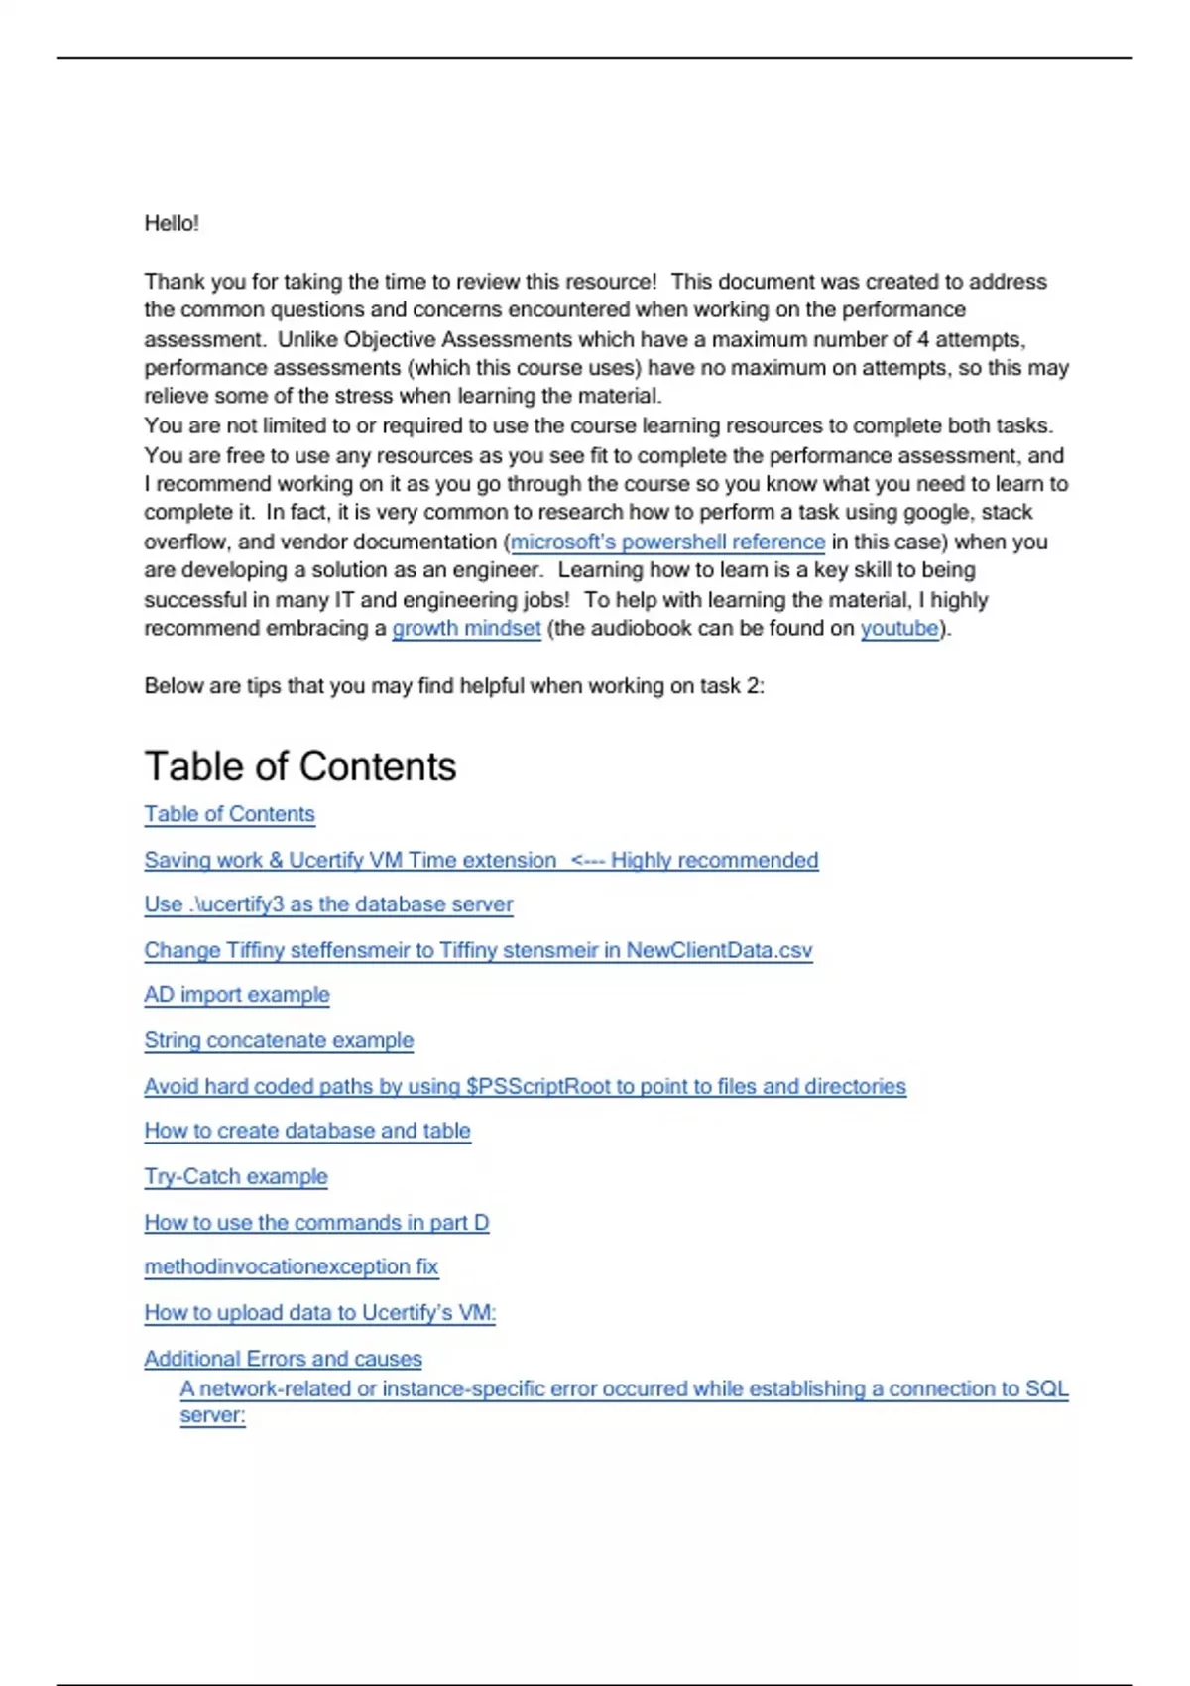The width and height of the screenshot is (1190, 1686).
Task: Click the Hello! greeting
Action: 172,223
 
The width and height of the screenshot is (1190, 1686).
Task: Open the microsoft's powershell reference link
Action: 667,542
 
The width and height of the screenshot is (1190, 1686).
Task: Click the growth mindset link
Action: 466,628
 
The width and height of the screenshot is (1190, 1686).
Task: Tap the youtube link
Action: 898,628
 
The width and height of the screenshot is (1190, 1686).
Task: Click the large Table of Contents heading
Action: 299,766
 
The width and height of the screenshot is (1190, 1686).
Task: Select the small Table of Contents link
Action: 229,814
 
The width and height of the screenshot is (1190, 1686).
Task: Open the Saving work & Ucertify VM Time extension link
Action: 481,860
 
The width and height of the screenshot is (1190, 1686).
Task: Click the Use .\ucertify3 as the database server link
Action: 328,904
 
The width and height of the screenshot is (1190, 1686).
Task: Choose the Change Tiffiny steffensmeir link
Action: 478,950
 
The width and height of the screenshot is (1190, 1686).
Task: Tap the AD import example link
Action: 237,995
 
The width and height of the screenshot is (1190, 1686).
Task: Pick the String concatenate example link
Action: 279,1040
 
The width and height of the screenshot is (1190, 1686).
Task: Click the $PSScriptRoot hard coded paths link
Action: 525,1086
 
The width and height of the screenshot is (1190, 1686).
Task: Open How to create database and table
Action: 307,1131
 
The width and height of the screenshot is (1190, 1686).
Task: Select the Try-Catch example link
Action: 236,1176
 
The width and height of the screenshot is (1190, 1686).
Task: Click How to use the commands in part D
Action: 316,1222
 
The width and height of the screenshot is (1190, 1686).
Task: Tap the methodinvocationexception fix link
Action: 291,1266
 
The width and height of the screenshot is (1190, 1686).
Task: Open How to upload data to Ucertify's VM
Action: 319,1312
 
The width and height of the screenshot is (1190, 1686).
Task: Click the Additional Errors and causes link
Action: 283,1359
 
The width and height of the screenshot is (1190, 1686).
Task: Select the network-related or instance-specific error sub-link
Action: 624,1388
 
